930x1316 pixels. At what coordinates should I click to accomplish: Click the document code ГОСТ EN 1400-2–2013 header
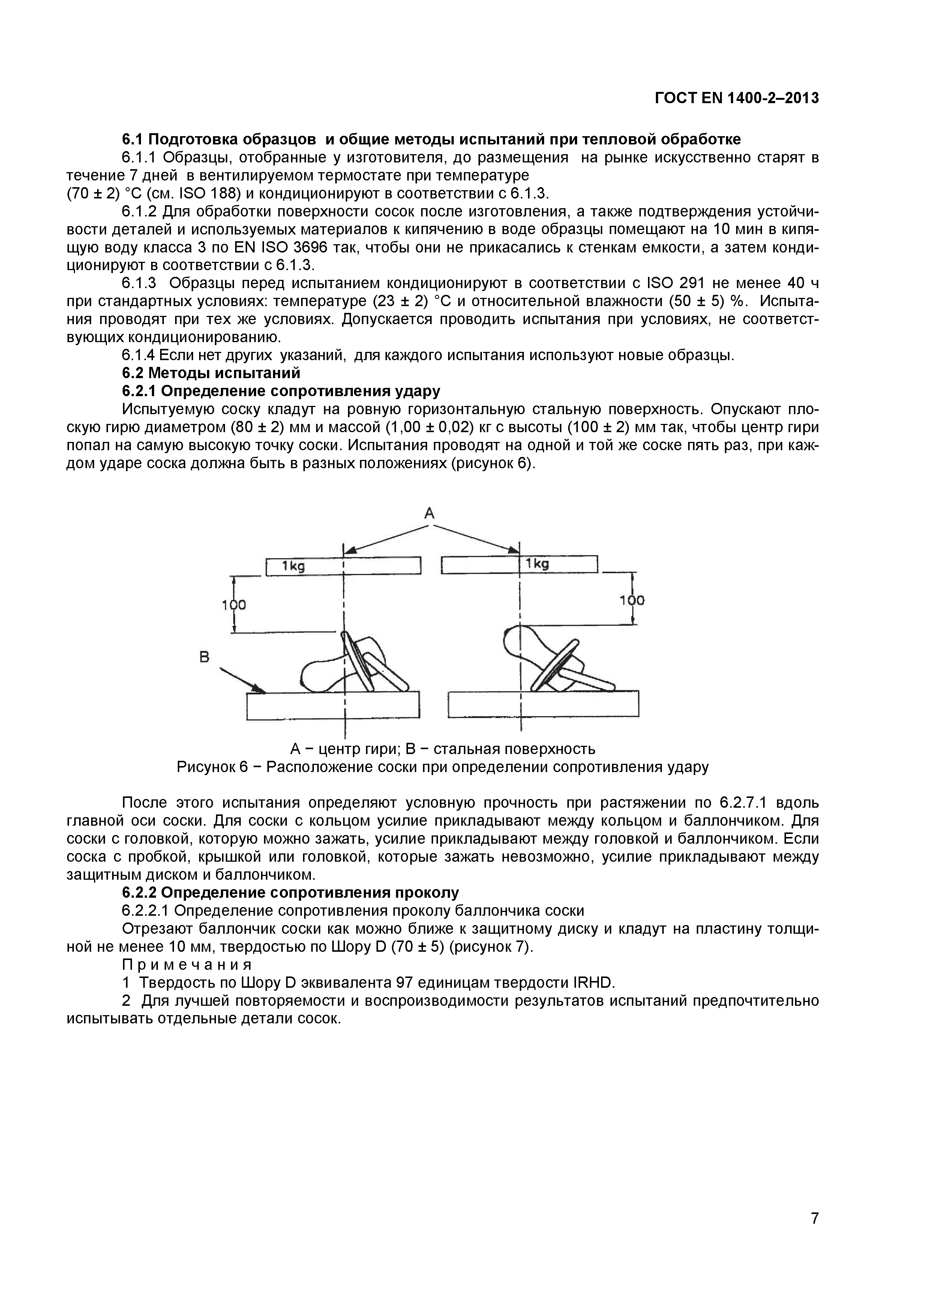tap(736, 99)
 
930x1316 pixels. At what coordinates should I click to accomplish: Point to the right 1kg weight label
tap(537, 564)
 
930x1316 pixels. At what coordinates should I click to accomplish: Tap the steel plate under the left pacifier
tap(333, 706)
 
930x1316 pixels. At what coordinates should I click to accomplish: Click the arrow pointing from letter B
tap(243, 681)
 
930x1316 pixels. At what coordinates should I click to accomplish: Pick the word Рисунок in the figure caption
tap(207, 767)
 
